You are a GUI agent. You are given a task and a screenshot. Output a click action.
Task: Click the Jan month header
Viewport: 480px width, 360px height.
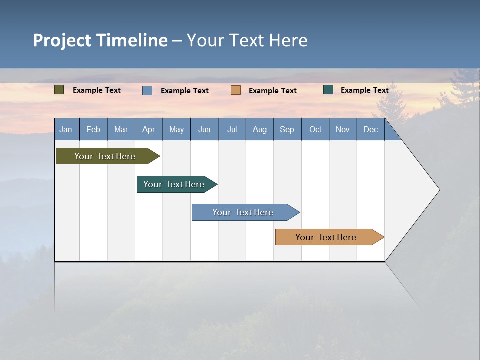click(66, 129)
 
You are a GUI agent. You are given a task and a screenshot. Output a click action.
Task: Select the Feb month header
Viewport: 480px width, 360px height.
click(93, 129)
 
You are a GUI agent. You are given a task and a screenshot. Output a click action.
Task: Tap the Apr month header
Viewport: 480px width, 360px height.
click(149, 129)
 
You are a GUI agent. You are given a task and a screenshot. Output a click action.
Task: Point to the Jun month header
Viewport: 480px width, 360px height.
click(204, 129)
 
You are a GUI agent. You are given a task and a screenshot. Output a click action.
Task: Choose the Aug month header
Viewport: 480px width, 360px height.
click(260, 129)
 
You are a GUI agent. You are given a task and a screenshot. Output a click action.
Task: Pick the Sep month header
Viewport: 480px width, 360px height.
click(287, 129)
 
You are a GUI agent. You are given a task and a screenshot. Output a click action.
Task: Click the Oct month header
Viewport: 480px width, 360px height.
click(315, 129)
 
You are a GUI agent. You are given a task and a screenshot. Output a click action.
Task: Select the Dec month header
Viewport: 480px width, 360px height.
click(371, 129)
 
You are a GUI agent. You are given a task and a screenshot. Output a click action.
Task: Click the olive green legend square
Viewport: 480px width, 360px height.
click(59, 90)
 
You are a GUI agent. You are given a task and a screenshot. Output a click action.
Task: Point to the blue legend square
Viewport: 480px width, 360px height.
click(147, 90)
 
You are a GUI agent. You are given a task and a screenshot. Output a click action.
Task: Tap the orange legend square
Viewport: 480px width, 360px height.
click(236, 90)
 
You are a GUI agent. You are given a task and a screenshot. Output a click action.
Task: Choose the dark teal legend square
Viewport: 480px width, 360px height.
click(328, 90)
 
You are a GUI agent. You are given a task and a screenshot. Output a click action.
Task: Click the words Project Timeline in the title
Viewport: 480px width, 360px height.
click(100, 40)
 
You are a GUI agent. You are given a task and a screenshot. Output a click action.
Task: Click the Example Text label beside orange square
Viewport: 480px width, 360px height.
click(273, 90)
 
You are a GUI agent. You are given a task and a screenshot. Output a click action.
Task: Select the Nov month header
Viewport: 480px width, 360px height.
click(343, 129)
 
